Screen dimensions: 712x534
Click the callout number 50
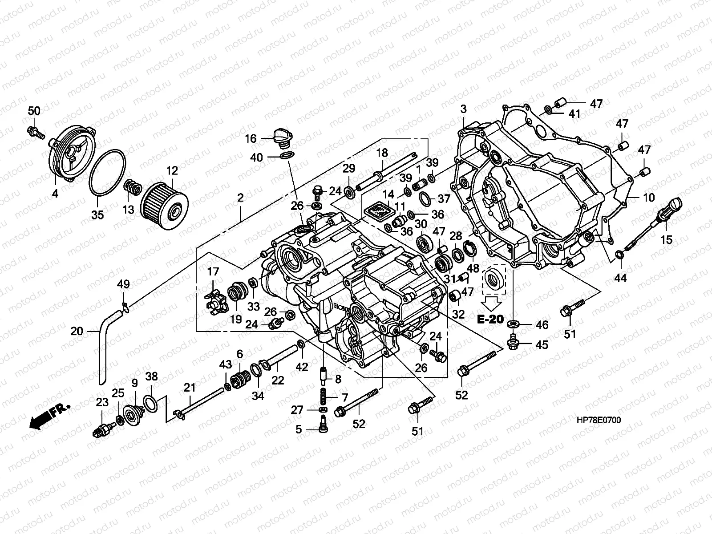point(34,111)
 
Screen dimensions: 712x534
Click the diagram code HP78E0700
point(599,420)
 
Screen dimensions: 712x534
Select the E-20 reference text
point(490,320)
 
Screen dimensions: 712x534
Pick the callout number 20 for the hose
point(77,331)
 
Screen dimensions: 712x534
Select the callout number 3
point(464,109)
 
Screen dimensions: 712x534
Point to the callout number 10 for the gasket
point(649,198)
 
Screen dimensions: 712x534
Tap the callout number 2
point(240,198)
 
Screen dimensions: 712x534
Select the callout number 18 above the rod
point(382,153)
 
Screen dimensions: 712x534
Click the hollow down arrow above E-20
point(491,304)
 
